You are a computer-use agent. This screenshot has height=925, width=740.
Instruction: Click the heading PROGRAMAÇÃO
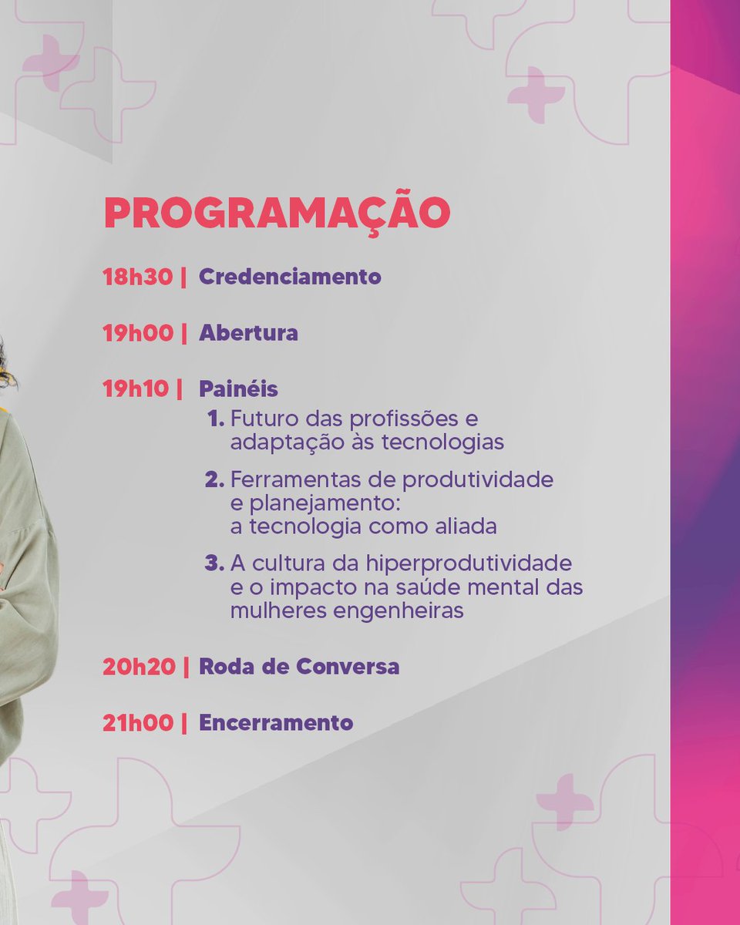pyautogui.click(x=277, y=214)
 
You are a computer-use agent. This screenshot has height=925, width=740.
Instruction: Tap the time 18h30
pyautogui.click(x=137, y=277)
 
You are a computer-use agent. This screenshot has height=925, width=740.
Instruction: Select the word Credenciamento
pyautogui.click(x=290, y=277)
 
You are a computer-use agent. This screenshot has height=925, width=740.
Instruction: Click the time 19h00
pyautogui.click(x=137, y=333)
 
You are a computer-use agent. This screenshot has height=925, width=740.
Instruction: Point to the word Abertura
pyautogui.click(x=248, y=333)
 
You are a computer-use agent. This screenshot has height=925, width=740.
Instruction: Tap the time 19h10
pyautogui.click(x=136, y=388)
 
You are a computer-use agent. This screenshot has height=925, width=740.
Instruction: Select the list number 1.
pyautogui.click(x=215, y=420)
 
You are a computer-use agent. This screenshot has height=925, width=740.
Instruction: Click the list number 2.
pyautogui.click(x=214, y=480)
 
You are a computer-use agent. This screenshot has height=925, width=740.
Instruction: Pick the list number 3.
pyautogui.click(x=214, y=563)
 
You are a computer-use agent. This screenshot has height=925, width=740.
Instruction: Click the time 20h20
pyautogui.click(x=139, y=667)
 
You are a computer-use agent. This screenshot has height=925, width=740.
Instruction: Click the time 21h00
pyautogui.click(x=137, y=723)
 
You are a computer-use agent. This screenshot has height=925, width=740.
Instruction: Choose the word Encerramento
pyautogui.click(x=276, y=723)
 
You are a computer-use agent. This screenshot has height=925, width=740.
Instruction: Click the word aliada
pyautogui.click(x=461, y=526)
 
